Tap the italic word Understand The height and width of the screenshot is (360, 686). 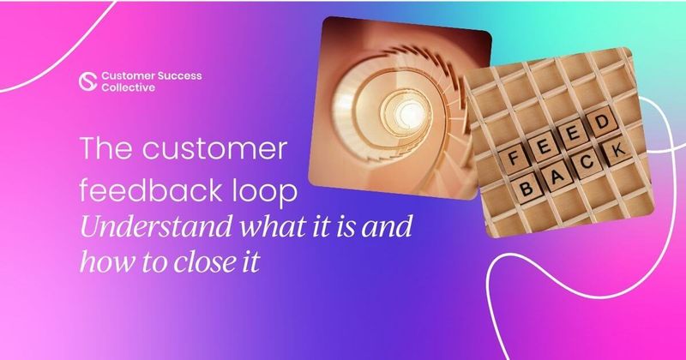[147, 227]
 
